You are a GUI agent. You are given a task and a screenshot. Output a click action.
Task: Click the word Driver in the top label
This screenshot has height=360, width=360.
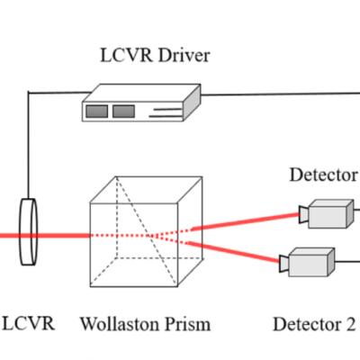184,56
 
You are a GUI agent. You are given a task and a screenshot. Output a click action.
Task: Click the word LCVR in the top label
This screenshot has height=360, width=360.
126,56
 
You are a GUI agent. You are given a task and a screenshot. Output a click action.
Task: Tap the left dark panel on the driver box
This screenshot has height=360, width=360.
96,112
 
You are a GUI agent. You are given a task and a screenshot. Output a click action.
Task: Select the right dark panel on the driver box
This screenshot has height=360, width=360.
123,112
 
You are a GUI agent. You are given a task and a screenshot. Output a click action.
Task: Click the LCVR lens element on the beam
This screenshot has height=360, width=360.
29,232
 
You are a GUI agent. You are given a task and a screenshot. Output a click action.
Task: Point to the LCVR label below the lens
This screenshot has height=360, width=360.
29,324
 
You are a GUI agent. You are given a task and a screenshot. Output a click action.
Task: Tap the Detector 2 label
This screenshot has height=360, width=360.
314,324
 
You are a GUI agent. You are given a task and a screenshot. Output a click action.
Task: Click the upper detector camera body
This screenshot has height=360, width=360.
331,214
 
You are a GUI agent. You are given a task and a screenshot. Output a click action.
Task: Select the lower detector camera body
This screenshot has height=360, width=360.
311,262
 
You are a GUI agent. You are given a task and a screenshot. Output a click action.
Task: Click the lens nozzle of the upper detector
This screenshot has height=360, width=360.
303,214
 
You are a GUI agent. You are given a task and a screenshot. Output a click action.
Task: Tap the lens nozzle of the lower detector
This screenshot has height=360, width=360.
283,264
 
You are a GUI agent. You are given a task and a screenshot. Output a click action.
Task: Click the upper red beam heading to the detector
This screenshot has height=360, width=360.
245,221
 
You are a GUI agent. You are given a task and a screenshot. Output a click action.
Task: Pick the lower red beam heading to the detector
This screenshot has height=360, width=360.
234,252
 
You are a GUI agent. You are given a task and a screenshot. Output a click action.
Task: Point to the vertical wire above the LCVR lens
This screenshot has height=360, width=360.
29,146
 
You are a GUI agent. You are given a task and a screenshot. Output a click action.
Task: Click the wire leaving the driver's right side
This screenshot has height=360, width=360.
280,94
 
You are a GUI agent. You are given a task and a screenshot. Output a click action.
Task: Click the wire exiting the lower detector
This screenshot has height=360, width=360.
347,262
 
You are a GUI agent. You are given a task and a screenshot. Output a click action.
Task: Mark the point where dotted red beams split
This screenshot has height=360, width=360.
152,236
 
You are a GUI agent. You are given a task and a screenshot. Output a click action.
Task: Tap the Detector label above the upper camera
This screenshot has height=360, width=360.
324,175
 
